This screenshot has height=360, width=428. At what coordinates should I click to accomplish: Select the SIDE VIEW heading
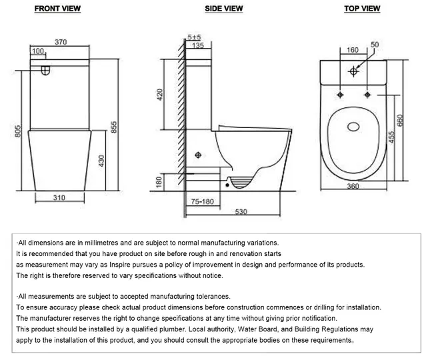click(x=224, y=9)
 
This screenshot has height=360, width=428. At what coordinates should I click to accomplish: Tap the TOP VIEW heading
click(x=363, y=9)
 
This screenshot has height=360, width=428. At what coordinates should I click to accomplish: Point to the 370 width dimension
click(x=61, y=41)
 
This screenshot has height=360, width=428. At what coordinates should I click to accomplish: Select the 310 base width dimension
click(x=60, y=198)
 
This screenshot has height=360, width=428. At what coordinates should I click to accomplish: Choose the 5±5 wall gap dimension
click(x=195, y=38)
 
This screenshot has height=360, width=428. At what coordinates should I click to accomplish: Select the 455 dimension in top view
click(x=392, y=137)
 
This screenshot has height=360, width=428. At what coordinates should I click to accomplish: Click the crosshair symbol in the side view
click(x=197, y=155)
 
